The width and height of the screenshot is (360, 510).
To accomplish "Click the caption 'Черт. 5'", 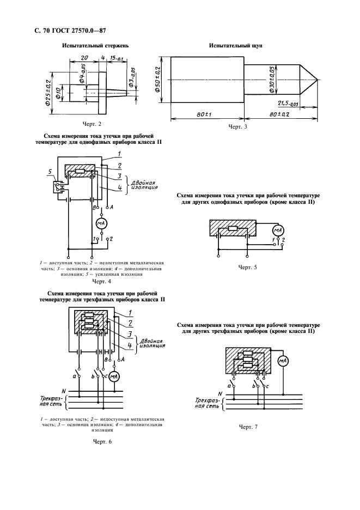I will coord(247,267).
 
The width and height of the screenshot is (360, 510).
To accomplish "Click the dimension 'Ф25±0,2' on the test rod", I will coord(48,92).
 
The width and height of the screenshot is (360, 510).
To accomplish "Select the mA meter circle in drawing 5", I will coord(278,230).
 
